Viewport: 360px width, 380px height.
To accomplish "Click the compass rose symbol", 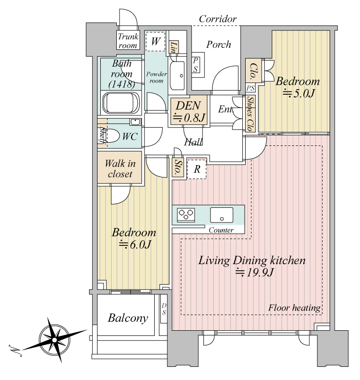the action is pos(55,340).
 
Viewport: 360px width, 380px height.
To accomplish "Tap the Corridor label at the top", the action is pos(217,19).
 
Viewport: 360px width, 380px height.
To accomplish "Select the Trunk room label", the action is pos(128,41).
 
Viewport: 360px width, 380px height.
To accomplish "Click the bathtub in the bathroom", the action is pos(121,103).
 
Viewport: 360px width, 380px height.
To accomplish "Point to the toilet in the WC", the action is pos(112,136).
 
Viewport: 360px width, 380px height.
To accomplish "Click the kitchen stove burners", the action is pos(186,214).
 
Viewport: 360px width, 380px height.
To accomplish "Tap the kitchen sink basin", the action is pos(222,215).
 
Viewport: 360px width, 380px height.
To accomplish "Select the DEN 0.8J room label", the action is pos(189,111).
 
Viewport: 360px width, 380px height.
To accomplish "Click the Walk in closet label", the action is pos(120,169).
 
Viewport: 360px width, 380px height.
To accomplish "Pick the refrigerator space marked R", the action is pos(197,169).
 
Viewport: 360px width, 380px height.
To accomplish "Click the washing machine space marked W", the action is pos(156,41).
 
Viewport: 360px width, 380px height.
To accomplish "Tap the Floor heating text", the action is pos(294,308).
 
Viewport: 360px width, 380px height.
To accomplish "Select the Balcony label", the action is pos(128,318).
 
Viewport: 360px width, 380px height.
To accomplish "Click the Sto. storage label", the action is pos(178,167).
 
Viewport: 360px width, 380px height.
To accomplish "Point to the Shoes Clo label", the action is pos(250,114).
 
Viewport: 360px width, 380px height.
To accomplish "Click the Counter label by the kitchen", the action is pos(221,230).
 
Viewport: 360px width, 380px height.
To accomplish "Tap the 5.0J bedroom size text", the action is pos(299,93).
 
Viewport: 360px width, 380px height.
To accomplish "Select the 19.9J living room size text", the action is pos(255,273).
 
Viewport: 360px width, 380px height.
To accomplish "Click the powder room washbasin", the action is pos(177,76).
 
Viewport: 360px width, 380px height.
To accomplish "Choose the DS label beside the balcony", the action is pos(164,309).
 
